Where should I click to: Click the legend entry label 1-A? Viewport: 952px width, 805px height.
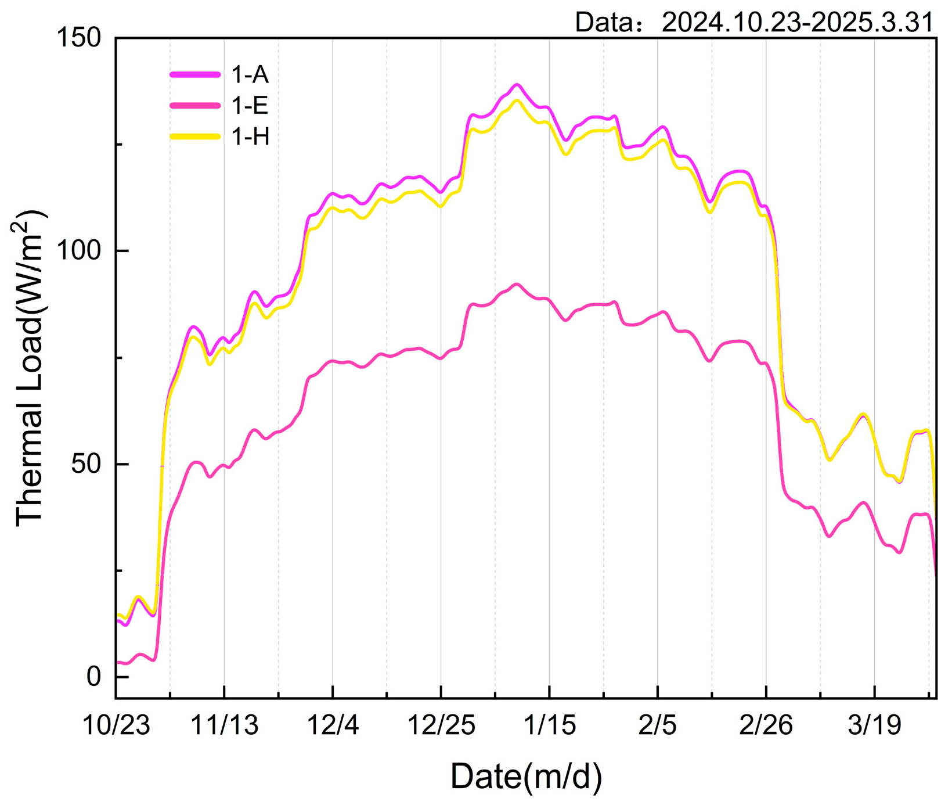click(x=250, y=75)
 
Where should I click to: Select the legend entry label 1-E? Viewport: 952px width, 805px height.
click(x=250, y=106)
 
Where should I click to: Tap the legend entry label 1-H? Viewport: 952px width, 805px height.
click(x=251, y=136)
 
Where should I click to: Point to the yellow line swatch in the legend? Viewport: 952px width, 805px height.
click(x=195, y=136)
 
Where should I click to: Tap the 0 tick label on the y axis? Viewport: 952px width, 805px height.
click(x=95, y=677)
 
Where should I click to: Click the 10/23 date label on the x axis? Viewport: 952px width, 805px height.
click(x=116, y=725)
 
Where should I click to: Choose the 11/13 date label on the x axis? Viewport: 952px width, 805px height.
click(x=225, y=725)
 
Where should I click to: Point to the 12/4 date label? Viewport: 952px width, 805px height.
click(x=333, y=725)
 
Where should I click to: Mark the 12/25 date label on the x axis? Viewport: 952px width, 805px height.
click(x=441, y=725)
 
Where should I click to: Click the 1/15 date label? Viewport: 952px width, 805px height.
click(x=549, y=725)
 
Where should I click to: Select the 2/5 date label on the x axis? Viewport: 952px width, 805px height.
click(x=657, y=725)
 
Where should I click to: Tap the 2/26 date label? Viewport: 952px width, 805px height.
click(x=766, y=725)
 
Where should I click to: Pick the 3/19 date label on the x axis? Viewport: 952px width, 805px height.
click(x=874, y=725)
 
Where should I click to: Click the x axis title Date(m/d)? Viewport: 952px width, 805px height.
click(x=526, y=777)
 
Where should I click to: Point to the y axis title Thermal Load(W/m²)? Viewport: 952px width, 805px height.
click(x=30, y=368)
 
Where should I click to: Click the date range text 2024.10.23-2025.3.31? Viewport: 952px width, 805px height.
click(x=797, y=22)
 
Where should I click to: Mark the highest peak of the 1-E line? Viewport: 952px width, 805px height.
click(x=517, y=284)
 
